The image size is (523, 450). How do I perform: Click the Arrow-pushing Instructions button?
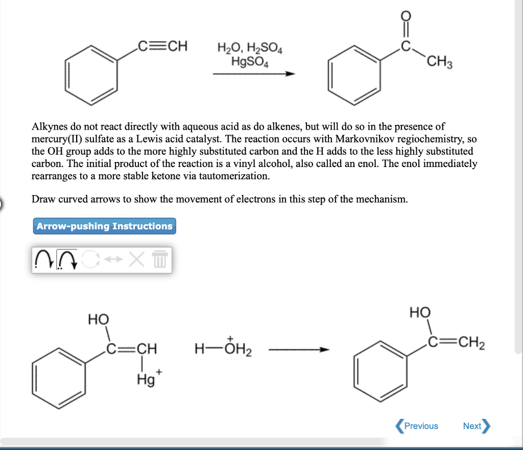(105, 226)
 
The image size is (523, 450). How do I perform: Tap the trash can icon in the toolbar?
(159, 260)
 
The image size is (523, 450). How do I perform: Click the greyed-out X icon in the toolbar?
(135, 260)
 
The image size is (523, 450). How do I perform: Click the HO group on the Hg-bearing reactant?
(99, 320)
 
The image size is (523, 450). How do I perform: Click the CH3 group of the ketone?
(438, 63)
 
